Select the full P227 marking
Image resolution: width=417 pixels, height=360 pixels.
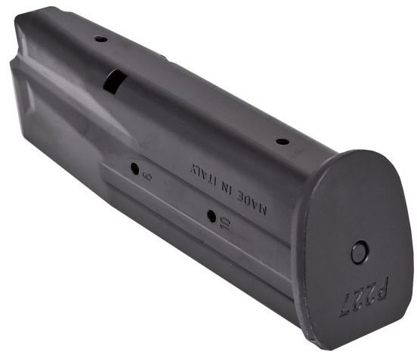pos(365,297)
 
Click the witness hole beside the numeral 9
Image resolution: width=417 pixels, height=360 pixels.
pos(135,169)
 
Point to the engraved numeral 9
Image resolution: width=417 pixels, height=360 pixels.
pos(147,175)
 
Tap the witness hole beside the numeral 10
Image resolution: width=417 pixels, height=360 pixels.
pos(212,216)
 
